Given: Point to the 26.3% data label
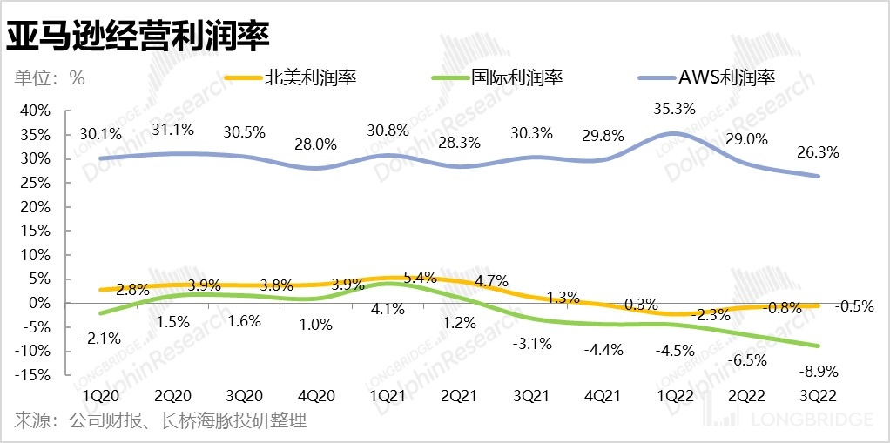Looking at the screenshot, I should click(x=818, y=152).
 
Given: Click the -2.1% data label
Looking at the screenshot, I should click(x=101, y=338).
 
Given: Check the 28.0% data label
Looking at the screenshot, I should click(x=316, y=144).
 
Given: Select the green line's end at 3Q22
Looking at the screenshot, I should click(x=818, y=346).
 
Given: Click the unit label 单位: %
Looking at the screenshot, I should click(x=50, y=77).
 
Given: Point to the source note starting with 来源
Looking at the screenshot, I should click(x=160, y=422).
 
